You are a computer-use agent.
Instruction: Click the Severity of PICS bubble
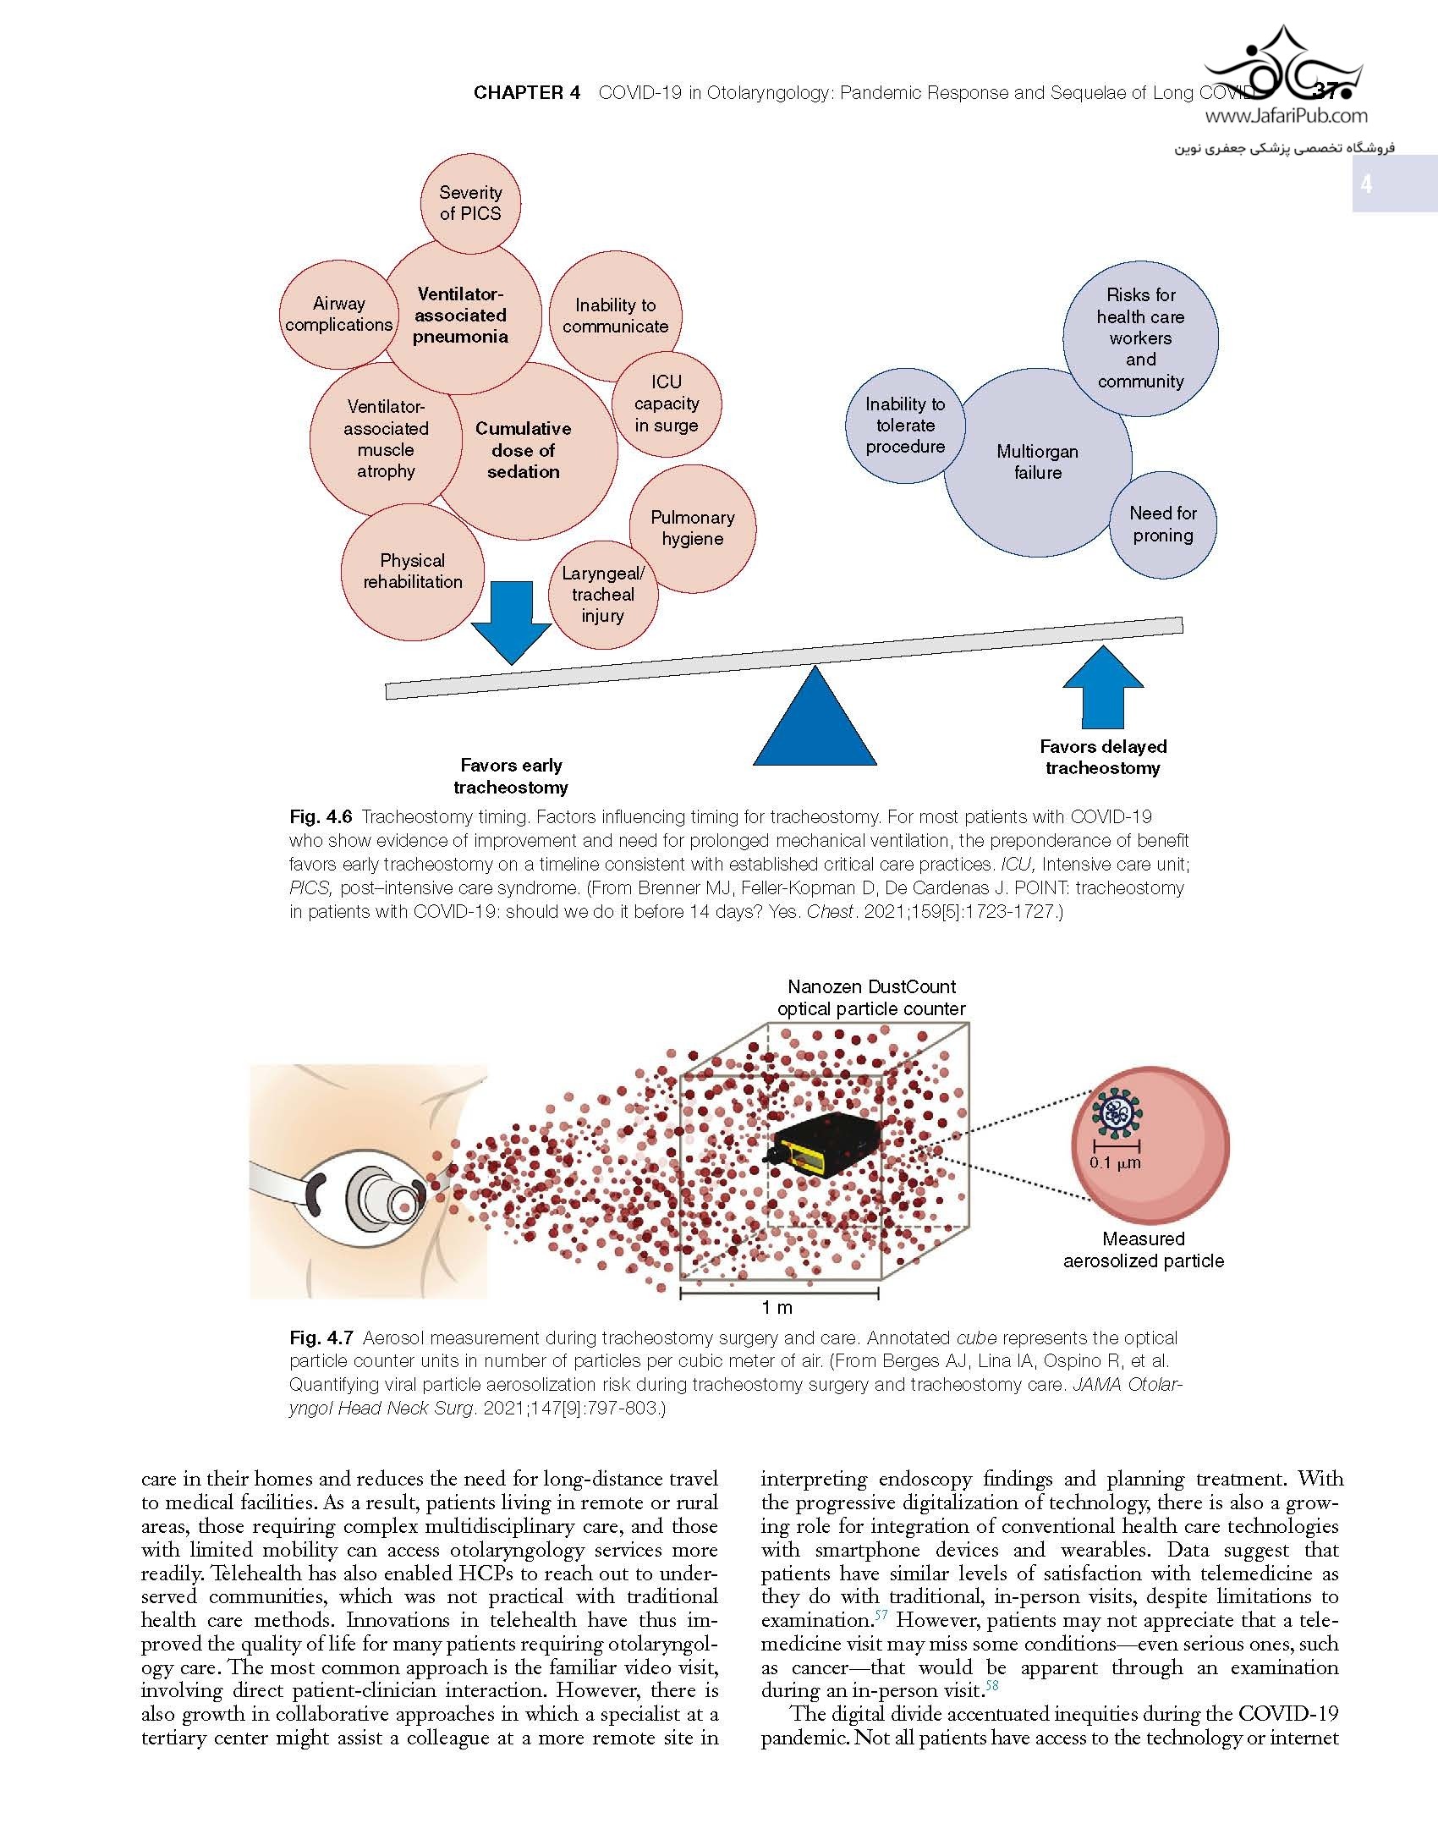(x=470, y=203)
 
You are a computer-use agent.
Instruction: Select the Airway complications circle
(x=338, y=314)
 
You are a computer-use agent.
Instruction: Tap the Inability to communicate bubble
(x=615, y=316)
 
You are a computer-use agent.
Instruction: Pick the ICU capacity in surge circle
(x=667, y=404)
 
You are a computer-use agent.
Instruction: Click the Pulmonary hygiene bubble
(x=693, y=529)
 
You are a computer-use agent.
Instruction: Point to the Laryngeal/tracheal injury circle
(x=603, y=595)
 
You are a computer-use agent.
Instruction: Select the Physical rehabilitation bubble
(x=413, y=572)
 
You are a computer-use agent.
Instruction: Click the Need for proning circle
(x=1163, y=525)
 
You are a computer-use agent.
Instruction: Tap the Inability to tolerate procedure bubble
(x=905, y=426)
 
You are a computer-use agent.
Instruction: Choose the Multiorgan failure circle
(x=1037, y=462)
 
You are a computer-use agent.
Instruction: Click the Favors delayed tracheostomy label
(x=1103, y=757)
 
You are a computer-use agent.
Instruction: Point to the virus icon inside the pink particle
(x=1117, y=1115)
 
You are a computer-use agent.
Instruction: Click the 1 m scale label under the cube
(x=777, y=1308)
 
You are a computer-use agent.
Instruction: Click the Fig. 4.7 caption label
(x=321, y=1338)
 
